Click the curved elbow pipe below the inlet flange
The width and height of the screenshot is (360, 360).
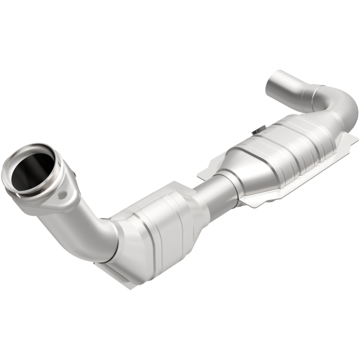point(90,234)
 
